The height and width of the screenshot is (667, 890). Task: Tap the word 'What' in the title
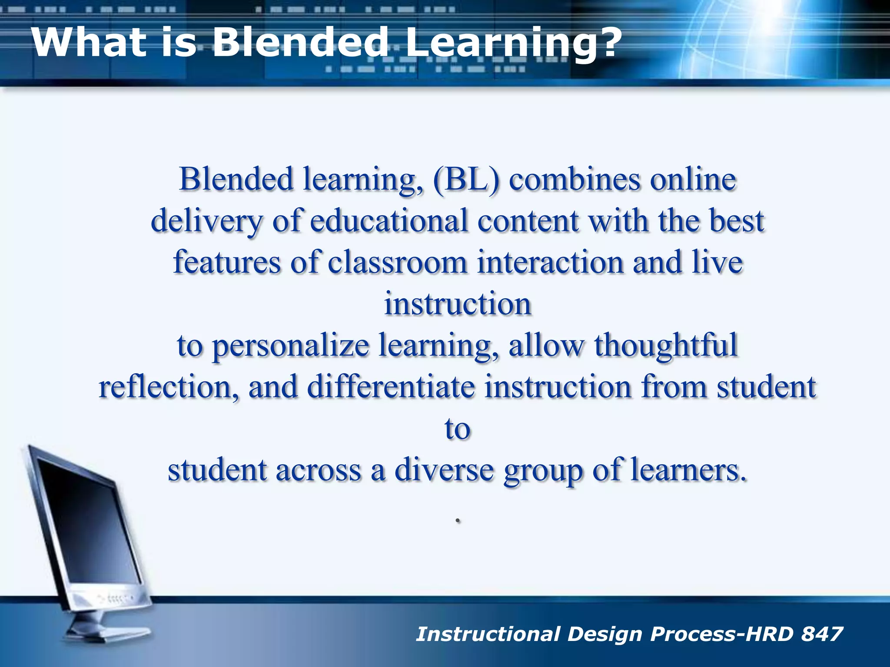[x=89, y=42]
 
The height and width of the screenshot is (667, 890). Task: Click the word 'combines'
[x=574, y=179]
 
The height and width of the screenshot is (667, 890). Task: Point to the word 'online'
[x=693, y=179]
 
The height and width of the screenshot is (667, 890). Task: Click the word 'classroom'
[x=397, y=262]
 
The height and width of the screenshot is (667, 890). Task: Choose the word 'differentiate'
[x=391, y=387]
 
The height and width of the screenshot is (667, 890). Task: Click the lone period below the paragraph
[x=458, y=520]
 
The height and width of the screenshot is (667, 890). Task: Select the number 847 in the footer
[x=822, y=634]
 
